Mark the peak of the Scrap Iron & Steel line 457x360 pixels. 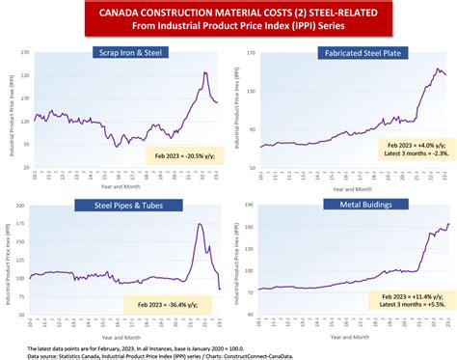click(x=205, y=73)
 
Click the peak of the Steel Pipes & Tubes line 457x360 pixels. click(x=199, y=225)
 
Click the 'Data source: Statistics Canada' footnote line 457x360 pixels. click(x=154, y=353)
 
